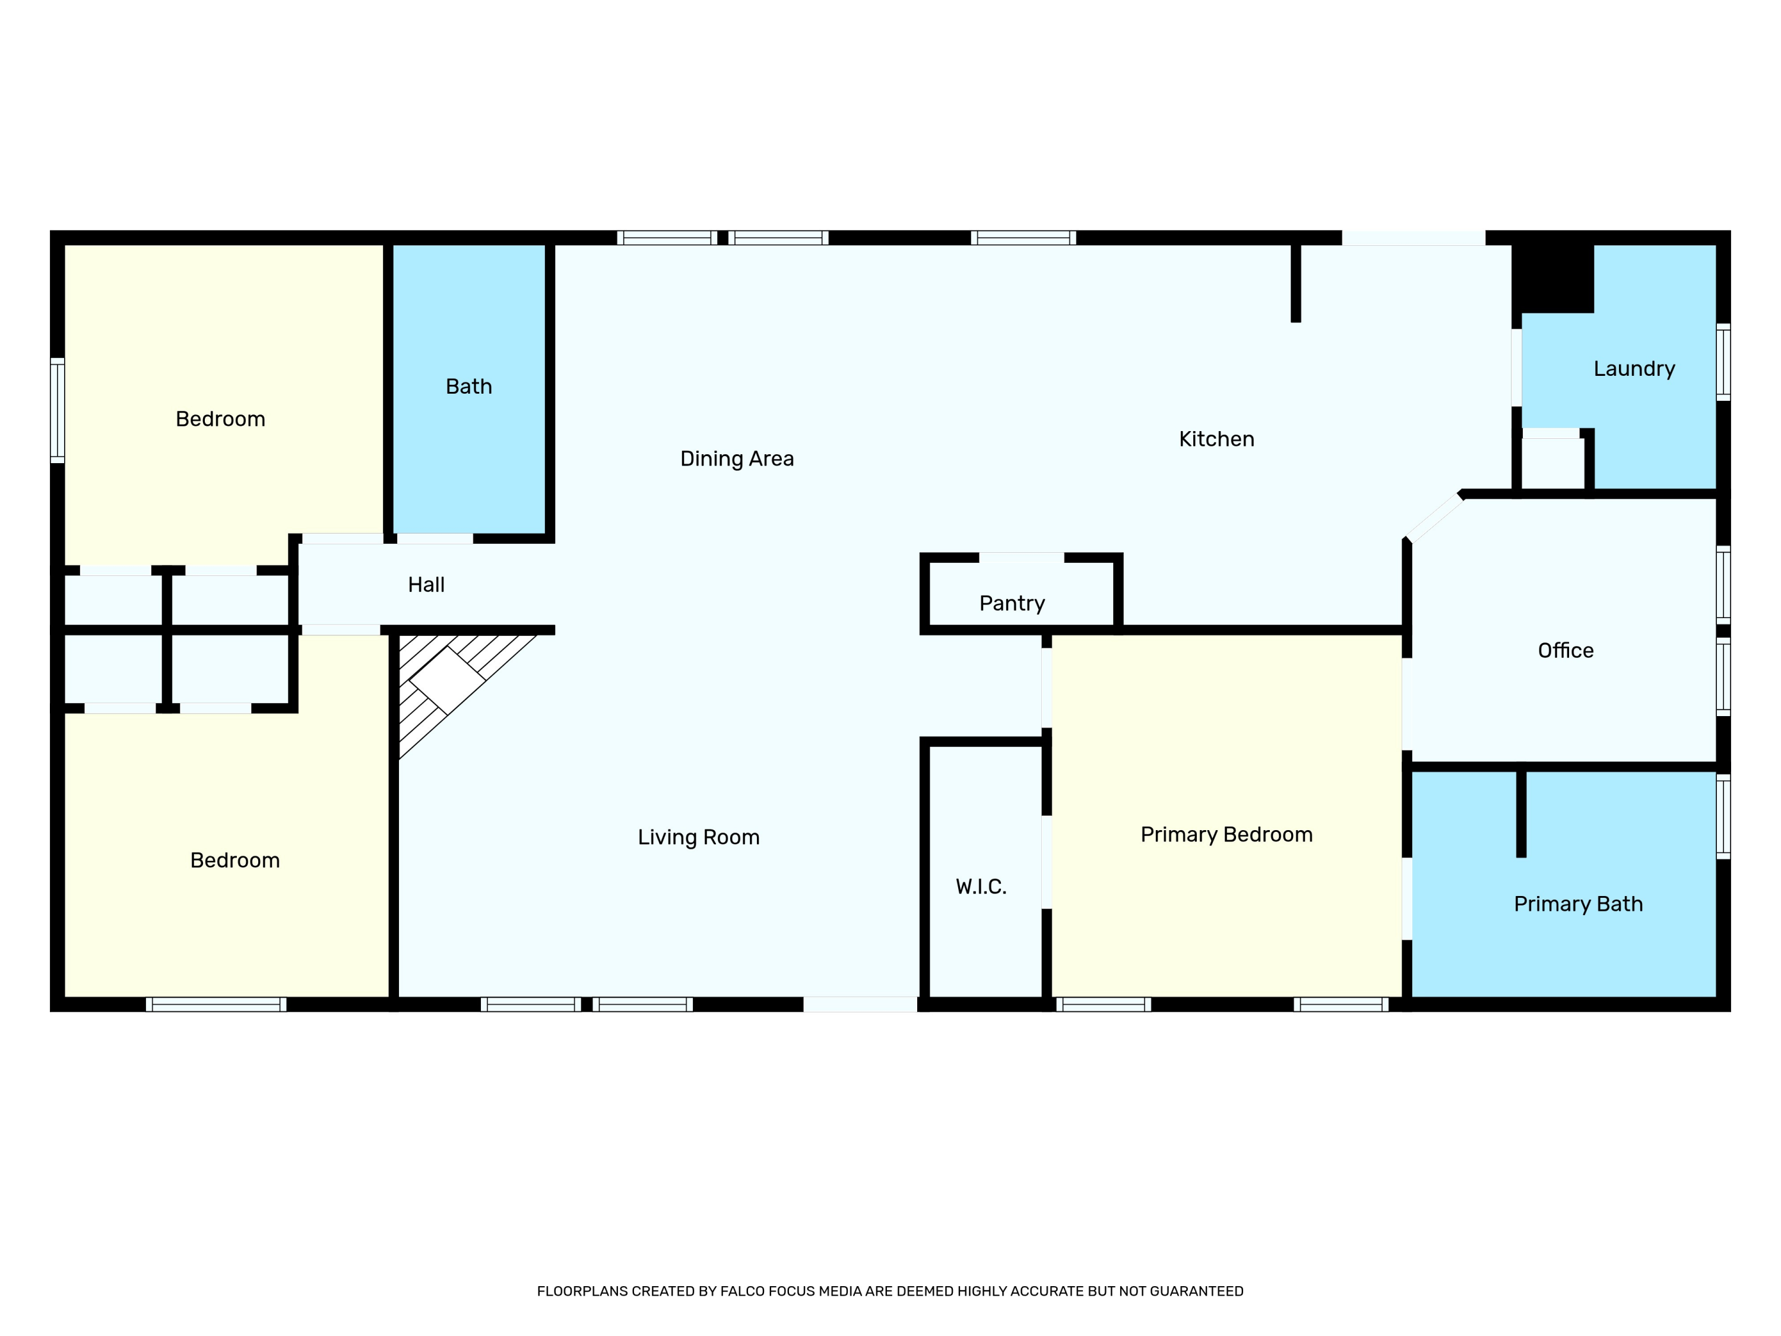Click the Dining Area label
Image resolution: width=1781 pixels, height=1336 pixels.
[737, 459]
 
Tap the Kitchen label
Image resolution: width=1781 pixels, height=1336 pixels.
[1216, 439]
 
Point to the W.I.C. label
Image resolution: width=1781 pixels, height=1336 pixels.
[981, 887]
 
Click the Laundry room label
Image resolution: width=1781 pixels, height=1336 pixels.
[1634, 369]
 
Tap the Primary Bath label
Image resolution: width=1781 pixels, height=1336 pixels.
[1578, 904]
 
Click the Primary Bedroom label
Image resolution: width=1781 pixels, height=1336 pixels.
[1227, 835]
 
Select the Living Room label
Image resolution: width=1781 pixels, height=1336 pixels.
[698, 837]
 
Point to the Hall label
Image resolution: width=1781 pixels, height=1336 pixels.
[426, 585]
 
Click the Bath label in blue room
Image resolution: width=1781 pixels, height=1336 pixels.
[468, 387]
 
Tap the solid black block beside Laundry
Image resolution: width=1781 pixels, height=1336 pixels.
[1553, 278]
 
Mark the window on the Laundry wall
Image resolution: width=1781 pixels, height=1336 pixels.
[1723, 362]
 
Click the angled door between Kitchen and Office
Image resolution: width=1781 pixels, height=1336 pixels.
[1434, 516]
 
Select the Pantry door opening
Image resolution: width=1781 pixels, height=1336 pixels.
[1021, 558]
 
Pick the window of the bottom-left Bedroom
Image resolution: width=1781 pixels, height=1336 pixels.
[216, 1004]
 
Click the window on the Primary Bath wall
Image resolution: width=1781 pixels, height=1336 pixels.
[1723, 816]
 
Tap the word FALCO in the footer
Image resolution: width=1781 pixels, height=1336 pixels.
[741, 1291]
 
